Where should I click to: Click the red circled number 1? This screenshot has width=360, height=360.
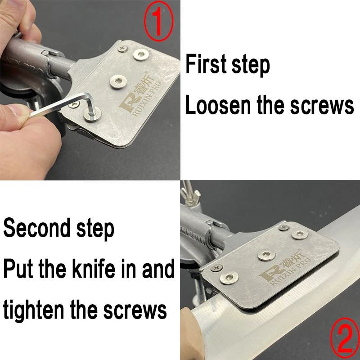coord(159,21)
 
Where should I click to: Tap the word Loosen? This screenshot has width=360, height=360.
coord(218,104)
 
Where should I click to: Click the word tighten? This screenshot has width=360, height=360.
coord(33,309)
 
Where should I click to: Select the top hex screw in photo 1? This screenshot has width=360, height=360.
coord(141,54)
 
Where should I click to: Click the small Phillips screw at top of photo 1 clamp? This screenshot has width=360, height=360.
coord(122,48)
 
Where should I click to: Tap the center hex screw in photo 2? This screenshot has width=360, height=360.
coord(266,255)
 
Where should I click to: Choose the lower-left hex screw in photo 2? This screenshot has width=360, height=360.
coord(229,278)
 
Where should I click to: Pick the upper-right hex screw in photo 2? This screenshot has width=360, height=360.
coord(300,234)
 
